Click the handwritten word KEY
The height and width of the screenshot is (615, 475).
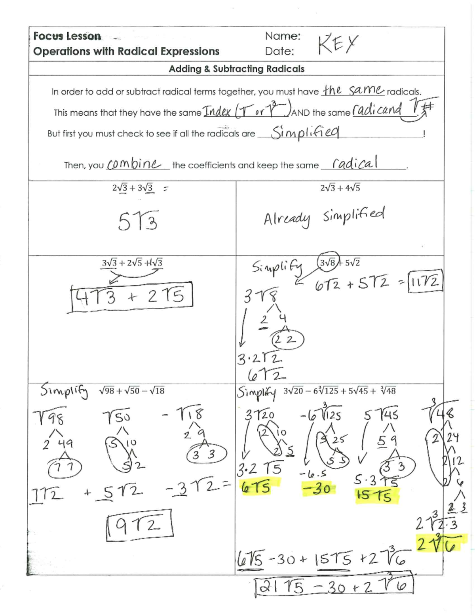[338, 44]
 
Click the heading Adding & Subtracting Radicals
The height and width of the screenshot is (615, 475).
[236, 69]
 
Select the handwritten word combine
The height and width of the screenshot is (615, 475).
[134, 164]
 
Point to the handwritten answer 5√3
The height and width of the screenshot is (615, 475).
[137, 221]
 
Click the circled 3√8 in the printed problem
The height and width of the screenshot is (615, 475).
[328, 262]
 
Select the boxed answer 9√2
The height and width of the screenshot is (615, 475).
[139, 525]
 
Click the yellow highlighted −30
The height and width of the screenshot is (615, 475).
[316, 489]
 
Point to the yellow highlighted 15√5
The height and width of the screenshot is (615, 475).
[374, 495]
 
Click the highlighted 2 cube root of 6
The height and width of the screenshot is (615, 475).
[440, 545]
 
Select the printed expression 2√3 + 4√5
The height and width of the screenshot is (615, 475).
[340, 188]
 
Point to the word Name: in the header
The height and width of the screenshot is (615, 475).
[283, 36]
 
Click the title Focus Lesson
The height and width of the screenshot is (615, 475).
[67, 36]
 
